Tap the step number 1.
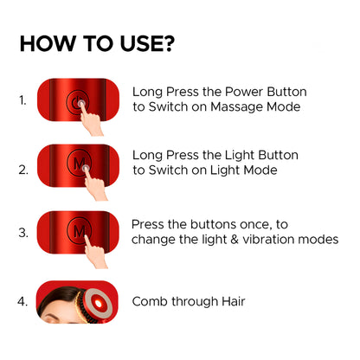[x=22, y=100]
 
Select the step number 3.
[x=22, y=232]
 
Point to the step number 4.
[x=22, y=302]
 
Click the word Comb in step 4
[x=151, y=302]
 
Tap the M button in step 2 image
[x=80, y=162]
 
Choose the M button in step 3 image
[x=80, y=231]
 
